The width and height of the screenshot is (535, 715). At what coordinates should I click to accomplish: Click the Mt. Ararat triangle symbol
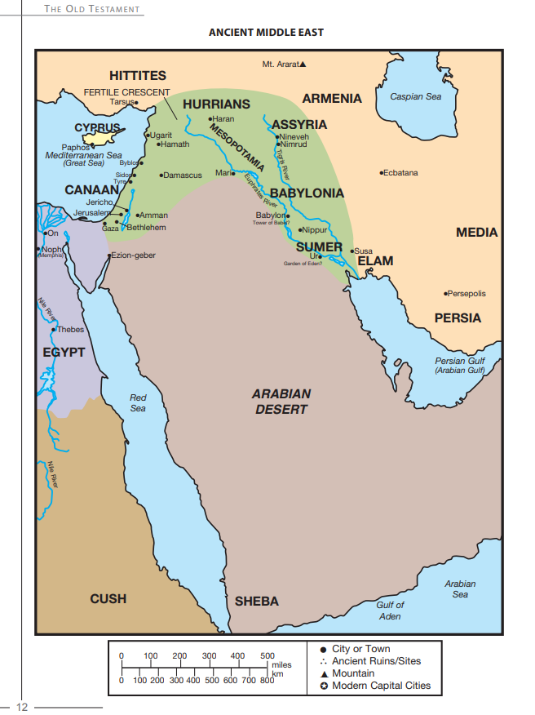point(303,64)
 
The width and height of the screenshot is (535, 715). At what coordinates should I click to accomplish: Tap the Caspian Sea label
point(415,96)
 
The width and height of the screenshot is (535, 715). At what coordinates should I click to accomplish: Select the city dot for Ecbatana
point(382,173)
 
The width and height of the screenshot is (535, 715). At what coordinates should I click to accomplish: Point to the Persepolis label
point(467,293)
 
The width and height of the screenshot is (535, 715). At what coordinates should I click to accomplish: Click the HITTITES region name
point(138,76)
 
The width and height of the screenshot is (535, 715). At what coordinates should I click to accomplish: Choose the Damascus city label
point(183,175)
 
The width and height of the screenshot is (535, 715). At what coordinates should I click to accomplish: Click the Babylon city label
point(269,215)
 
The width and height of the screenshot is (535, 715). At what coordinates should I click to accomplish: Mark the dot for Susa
point(352,251)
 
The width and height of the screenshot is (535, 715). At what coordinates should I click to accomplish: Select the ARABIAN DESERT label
point(281,401)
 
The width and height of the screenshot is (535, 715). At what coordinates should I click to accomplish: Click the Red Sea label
point(138,402)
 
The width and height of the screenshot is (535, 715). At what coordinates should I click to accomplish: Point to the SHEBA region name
point(257,601)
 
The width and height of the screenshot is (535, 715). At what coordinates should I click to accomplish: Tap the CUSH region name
point(108,598)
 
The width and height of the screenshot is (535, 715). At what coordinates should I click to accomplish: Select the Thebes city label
point(70,330)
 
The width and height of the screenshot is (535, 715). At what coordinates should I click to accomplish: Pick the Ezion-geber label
point(133,255)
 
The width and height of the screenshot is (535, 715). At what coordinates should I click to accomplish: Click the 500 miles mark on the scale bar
point(267,656)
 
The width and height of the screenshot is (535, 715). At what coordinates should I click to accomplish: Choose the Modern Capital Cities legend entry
point(381,686)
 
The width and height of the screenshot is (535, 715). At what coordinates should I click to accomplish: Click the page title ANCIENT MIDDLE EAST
point(267,33)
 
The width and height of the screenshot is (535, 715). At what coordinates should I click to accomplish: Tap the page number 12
point(22,706)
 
